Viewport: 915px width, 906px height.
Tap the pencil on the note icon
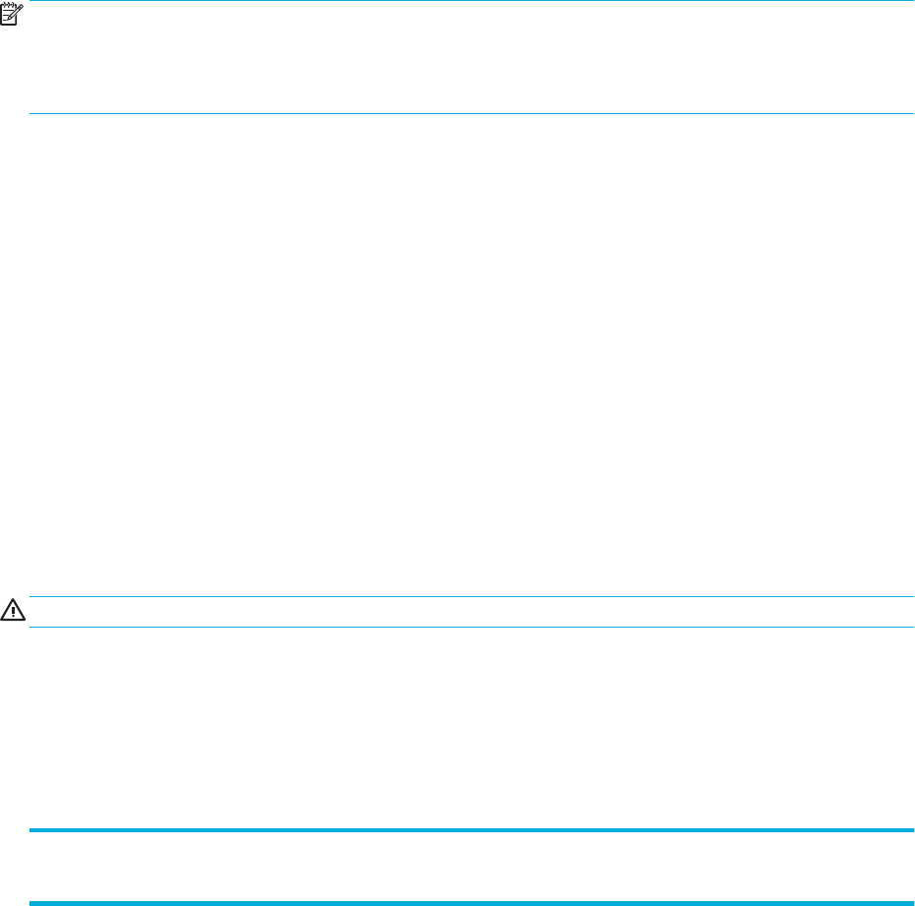pos(17,12)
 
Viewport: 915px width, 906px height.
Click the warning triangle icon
pos(14,611)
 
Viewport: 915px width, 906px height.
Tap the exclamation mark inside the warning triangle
pos(14,612)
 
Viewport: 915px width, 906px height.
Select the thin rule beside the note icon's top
pos(472,1)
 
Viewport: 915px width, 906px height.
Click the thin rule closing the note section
pos(472,114)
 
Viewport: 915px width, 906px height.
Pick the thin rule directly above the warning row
pos(472,596)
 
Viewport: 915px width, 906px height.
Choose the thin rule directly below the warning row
pos(472,627)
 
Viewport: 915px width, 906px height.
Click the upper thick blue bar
pos(472,831)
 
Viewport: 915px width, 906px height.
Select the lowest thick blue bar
pos(472,902)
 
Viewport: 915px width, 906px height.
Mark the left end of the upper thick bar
pos(31,831)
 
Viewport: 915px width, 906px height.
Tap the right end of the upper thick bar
pos(912,831)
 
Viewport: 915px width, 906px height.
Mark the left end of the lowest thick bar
pos(31,902)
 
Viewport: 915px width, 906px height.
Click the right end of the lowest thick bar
pos(912,902)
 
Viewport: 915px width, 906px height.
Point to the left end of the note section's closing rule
pos(31,114)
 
